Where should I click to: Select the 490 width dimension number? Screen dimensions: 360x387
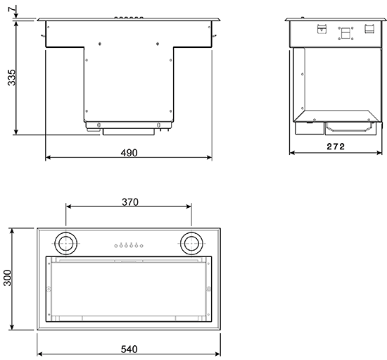click(129, 152)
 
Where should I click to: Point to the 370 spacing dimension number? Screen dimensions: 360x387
click(129, 201)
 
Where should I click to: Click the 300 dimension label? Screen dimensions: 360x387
click(8, 279)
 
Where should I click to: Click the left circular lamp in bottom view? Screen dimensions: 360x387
click(68, 243)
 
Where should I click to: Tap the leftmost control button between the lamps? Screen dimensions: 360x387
click(115, 245)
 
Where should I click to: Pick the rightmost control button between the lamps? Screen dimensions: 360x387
click(142, 245)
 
